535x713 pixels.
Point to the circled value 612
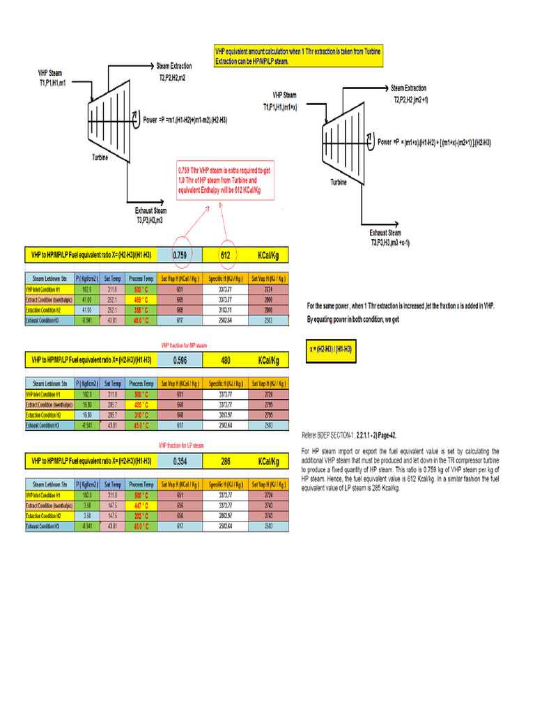click(225, 255)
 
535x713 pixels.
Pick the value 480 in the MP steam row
click(225, 361)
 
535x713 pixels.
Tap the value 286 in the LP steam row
click(225, 462)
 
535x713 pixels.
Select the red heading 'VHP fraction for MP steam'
click(184, 345)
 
